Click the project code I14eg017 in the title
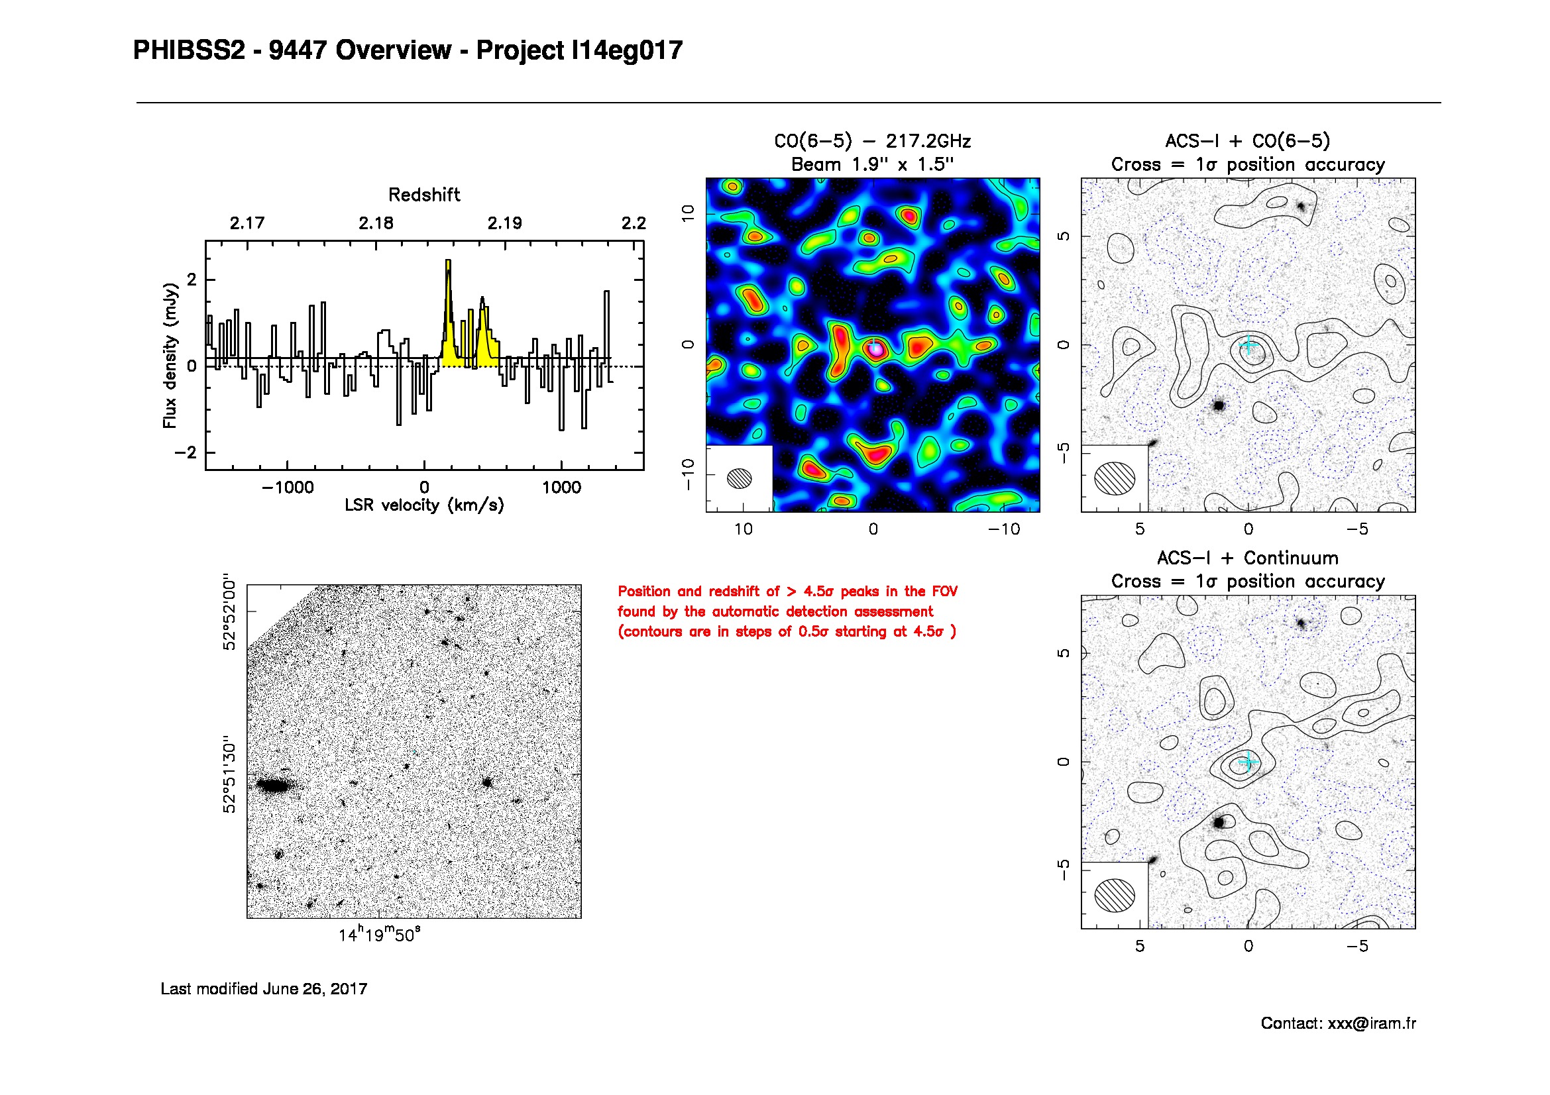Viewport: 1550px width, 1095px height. click(626, 50)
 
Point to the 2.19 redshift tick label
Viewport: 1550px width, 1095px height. click(504, 223)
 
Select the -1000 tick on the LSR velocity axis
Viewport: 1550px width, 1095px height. click(288, 487)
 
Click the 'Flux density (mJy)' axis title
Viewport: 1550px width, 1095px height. click(170, 356)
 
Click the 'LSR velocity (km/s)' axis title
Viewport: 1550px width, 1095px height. click(424, 505)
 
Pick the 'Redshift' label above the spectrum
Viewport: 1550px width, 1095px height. click(424, 195)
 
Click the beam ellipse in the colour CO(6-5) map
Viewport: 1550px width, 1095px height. click(740, 478)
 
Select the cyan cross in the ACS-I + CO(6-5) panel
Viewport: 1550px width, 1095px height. click(1248, 345)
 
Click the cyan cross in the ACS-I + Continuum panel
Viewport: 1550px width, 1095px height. click(1248, 762)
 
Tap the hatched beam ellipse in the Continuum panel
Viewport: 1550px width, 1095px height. click(1115, 895)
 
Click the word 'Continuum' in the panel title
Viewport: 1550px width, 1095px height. click(1291, 558)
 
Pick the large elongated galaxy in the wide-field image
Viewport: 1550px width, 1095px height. click(274, 786)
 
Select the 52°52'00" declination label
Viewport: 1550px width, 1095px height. click(230, 613)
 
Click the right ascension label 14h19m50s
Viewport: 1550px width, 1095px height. click(379, 935)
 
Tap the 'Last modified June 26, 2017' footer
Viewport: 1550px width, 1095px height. click(264, 989)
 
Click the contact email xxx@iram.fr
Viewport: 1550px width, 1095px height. click(1371, 1023)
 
